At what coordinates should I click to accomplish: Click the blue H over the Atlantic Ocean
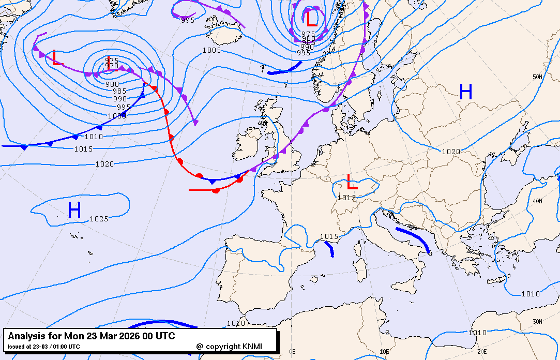tap(74, 210)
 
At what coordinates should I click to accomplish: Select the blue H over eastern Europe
tap(466, 92)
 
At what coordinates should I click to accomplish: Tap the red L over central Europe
tap(352, 182)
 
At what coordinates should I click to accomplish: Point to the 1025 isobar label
tap(99, 219)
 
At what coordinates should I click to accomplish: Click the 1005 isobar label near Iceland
tap(211, 50)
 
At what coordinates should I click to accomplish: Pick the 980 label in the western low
tap(112, 84)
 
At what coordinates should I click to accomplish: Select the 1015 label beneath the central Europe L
tap(346, 198)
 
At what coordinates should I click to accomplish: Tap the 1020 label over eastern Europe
tap(451, 152)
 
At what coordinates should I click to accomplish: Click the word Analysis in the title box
tap(28, 336)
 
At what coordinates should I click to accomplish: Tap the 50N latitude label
tap(538, 77)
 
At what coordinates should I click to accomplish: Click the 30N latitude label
tap(538, 321)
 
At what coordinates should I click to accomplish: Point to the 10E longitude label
tap(384, 351)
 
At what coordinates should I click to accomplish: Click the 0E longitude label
tap(293, 351)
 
